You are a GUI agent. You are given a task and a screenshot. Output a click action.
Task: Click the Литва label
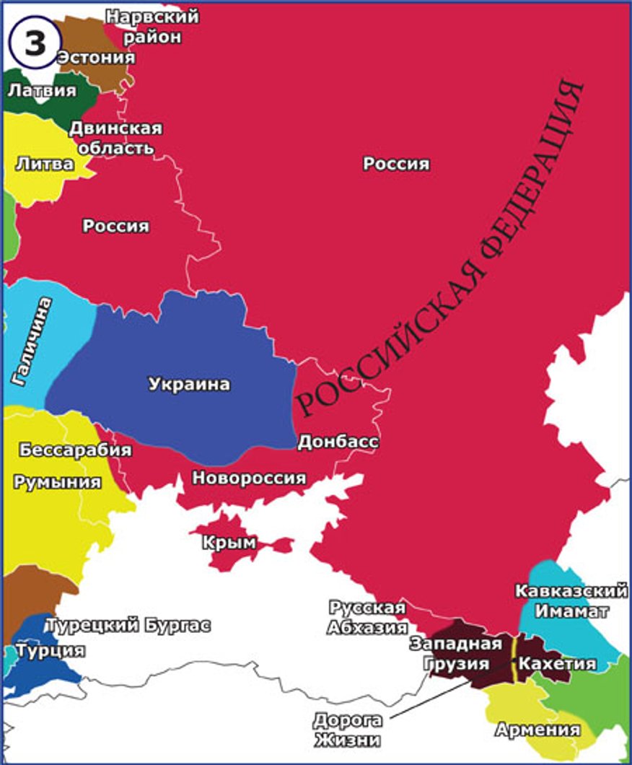[x=44, y=164]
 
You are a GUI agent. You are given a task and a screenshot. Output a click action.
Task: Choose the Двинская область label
[x=115, y=138]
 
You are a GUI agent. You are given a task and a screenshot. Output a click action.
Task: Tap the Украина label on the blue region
[x=190, y=384]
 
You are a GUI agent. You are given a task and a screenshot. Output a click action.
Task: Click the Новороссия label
[x=249, y=478]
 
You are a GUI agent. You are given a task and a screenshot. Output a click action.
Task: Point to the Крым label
[x=229, y=543]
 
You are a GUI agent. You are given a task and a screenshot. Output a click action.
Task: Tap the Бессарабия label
[x=75, y=450]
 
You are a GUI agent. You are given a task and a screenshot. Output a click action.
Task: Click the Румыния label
[x=57, y=481]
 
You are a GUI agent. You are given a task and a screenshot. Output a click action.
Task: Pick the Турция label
[x=51, y=650]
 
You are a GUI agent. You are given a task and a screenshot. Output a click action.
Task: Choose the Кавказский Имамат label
[x=571, y=601]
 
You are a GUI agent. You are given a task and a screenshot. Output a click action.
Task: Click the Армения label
[x=537, y=730]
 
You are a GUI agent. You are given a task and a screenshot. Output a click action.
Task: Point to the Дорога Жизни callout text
[x=347, y=730]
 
